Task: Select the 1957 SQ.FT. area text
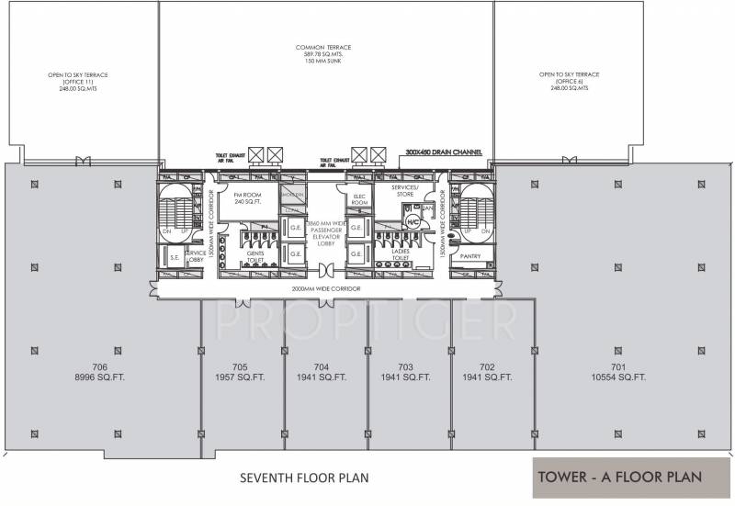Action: [x=243, y=377]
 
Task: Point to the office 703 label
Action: [x=405, y=365]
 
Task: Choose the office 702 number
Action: [x=487, y=365]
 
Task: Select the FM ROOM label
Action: [x=243, y=198]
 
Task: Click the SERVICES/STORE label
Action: [x=403, y=190]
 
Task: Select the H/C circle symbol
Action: [x=414, y=221]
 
